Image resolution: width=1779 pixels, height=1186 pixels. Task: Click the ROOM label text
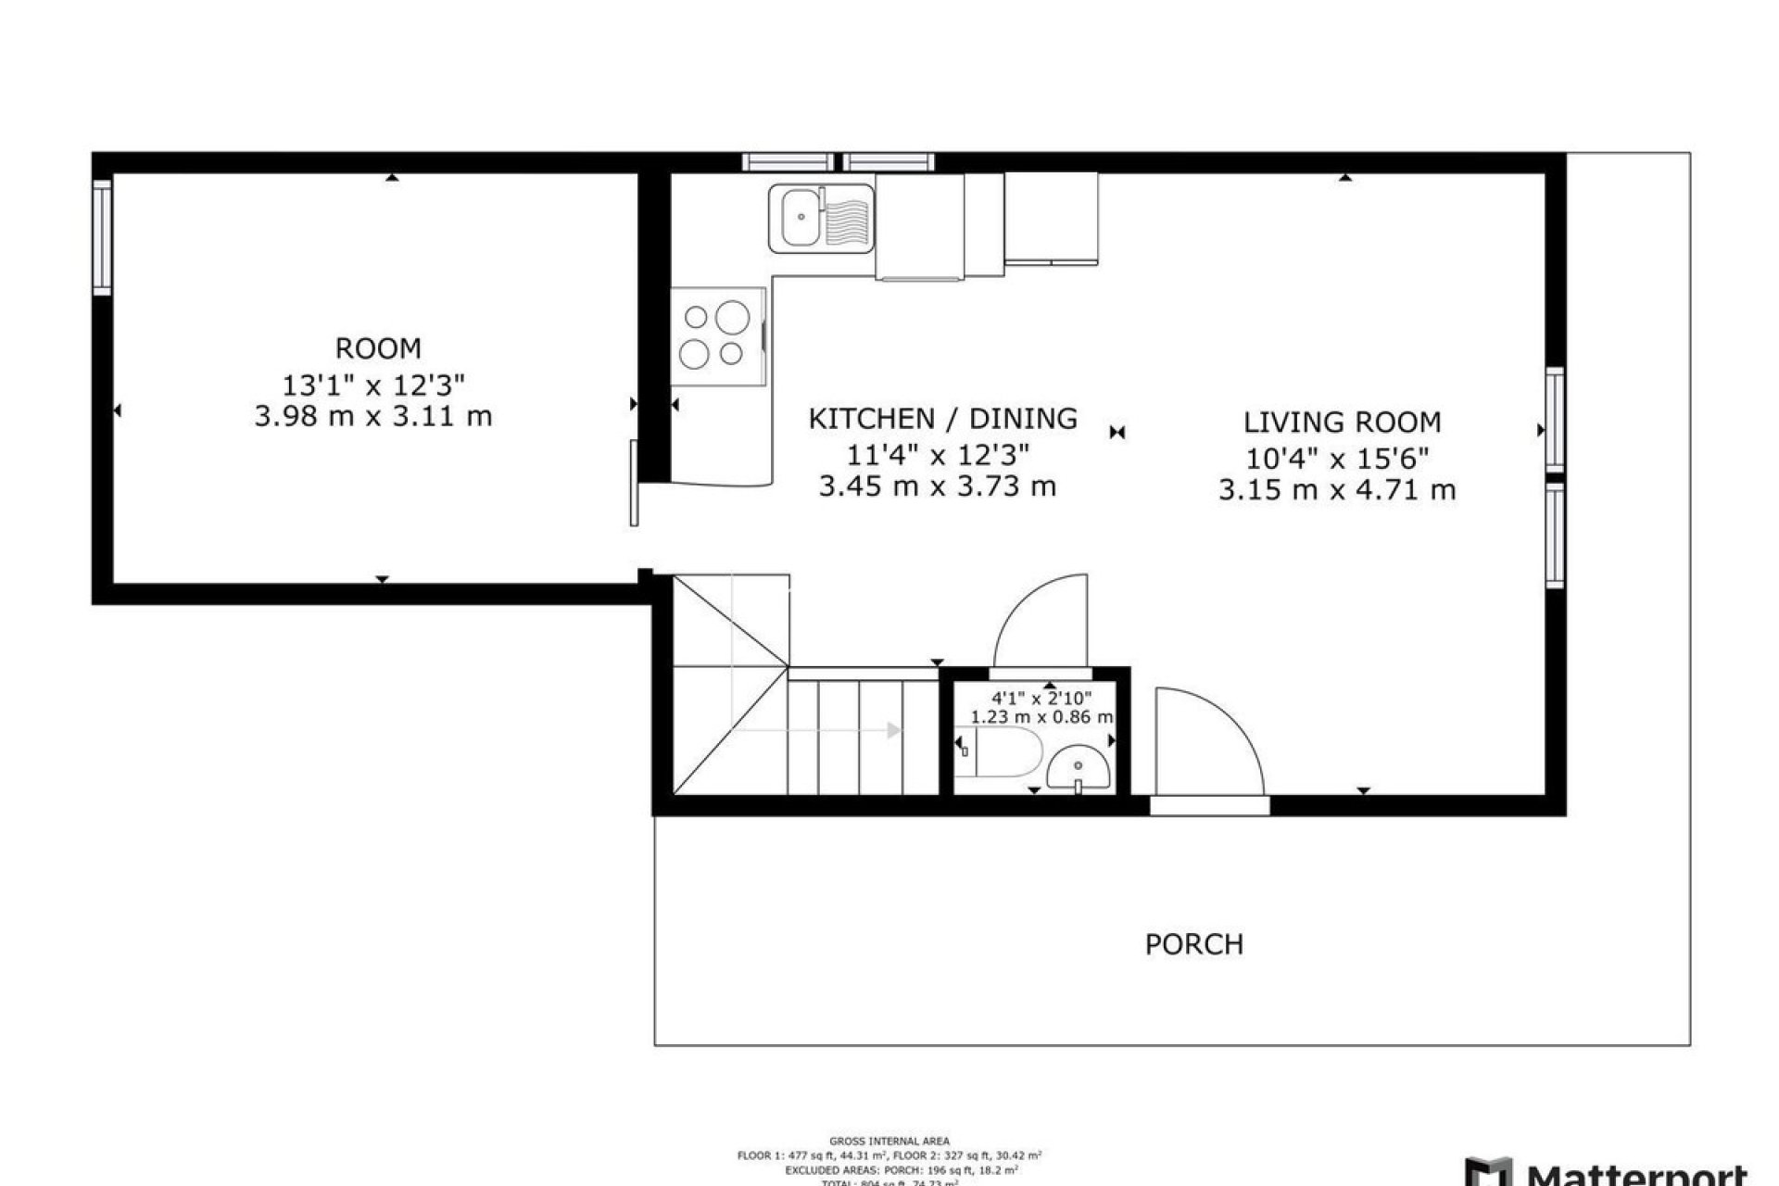point(378,348)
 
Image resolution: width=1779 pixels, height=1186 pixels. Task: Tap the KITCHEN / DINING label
point(942,419)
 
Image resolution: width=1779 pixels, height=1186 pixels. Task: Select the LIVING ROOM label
point(1342,423)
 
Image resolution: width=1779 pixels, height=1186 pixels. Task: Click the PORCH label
point(1194,944)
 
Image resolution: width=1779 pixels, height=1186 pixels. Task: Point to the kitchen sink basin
point(797,219)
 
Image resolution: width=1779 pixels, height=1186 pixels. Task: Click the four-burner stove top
point(715,335)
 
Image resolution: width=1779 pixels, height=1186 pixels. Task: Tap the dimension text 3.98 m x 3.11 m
point(373,417)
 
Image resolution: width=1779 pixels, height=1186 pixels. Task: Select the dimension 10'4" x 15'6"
point(1337,458)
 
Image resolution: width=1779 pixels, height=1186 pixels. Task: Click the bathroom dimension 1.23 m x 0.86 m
point(1041,717)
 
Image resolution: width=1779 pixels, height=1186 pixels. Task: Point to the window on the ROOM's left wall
point(102,237)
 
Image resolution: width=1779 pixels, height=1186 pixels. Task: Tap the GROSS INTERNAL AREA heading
point(889,1142)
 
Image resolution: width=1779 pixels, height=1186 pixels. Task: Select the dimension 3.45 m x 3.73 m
point(937,486)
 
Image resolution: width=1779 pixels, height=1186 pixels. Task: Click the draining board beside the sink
point(847,219)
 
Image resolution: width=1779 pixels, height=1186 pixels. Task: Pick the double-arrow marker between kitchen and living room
point(1117,432)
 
